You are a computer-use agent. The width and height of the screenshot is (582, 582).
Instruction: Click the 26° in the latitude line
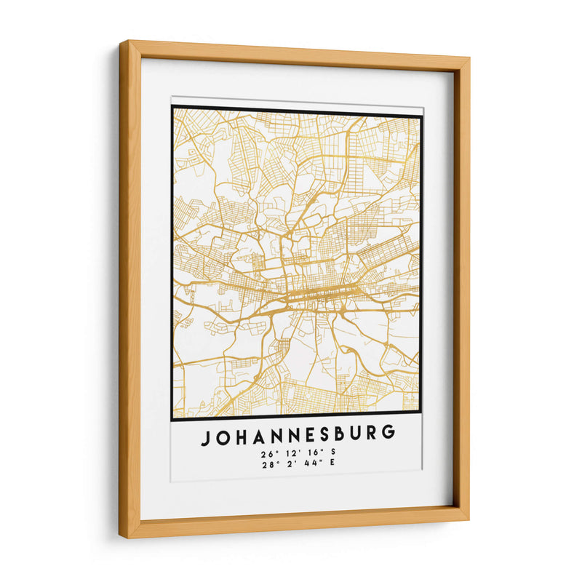click(266, 453)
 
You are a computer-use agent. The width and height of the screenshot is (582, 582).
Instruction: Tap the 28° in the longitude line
click(267, 465)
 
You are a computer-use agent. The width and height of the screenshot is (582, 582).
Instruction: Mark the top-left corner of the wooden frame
click(121, 41)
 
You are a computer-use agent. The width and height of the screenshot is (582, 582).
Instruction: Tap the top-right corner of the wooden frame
click(469, 57)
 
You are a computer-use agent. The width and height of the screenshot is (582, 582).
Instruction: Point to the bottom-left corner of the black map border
click(172, 420)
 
